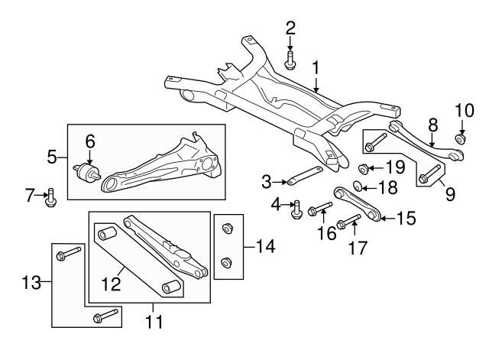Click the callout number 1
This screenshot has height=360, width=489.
[x=316, y=70]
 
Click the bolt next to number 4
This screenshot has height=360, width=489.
[x=297, y=207]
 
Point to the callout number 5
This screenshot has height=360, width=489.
[x=53, y=157]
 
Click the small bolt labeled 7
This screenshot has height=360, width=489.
[x=51, y=196]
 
